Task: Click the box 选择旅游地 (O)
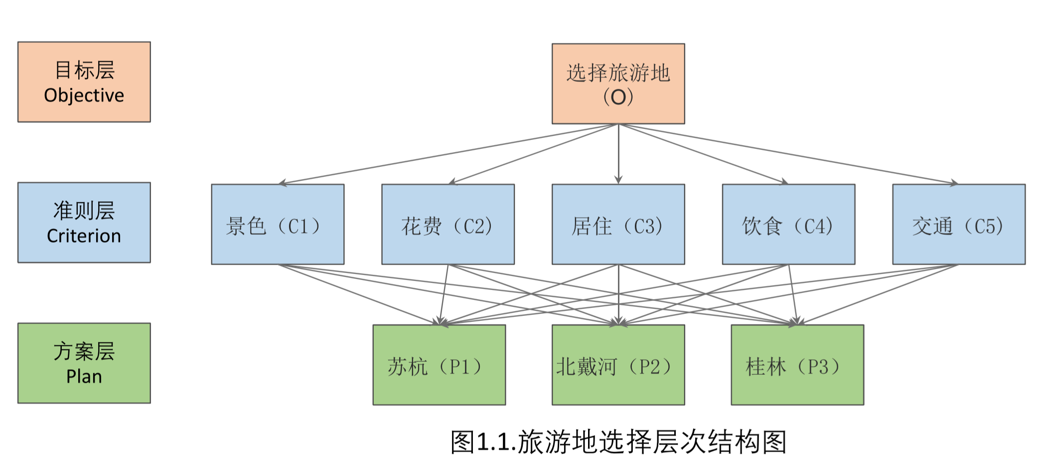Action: [x=618, y=84]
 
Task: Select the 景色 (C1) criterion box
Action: [x=278, y=224]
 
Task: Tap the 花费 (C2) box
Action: [x=448, y=224]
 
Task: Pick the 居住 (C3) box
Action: [x=618, y=224]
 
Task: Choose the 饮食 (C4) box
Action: [x=788, y=224]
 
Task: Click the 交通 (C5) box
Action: [x=958, y=224]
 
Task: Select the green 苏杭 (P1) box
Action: [x=439, y=365]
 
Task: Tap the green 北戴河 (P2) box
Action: [x=618, y=365]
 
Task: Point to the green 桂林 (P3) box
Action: [x=797, y=365]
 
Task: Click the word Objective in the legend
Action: [x=84, y=95]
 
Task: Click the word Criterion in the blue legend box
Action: [x=84, y=236]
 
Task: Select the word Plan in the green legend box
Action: [x=84, y=376]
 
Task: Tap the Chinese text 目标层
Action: [x=84, y=70]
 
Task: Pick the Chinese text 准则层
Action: [x=84, y=210]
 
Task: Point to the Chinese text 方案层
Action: [x=84, y=351]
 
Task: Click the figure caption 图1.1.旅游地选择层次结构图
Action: [x=618, y=442]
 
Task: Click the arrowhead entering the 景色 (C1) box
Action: [x=283, y=183]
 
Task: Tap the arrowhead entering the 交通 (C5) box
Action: [x=953, y=183]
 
